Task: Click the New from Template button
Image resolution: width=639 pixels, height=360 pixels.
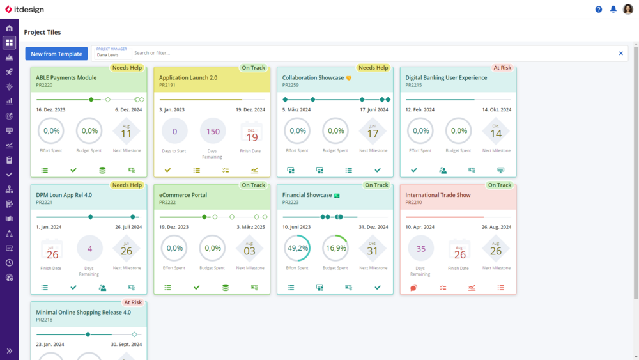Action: pyautogui.click(x=56, y=54)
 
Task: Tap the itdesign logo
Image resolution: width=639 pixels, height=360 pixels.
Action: pyautogui.click(x=25, y=10)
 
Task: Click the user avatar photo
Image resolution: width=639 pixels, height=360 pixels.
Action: pyautogui.click(x=627, y=10)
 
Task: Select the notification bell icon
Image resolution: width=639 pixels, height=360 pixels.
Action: pyautogui.click(x=613, y=10)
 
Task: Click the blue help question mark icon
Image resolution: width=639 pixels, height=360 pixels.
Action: pyautogui.click(x=599, y=10)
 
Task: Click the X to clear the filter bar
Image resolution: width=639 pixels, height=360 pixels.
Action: pyautogui.click(x=620, y=54)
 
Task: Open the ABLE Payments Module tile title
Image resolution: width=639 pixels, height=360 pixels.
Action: pyautogui.click(x=66, y=78)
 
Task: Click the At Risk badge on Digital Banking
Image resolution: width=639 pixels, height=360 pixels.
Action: pyautogui.click(x=502, y=68)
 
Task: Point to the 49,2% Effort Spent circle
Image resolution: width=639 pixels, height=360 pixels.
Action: pyautogui.click(x=298, y=248)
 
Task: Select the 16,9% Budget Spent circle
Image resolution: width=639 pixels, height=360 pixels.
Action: pyautogui.click(x=335, y=248)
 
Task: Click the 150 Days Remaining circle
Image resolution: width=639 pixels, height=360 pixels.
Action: pyautogui.click(x=213, y=131)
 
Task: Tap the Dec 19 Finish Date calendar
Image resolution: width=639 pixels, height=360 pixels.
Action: pyautogui.click(x=252, y=132)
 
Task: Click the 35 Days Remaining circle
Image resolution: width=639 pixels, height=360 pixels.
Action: pyautogui.click(x=420, y=249)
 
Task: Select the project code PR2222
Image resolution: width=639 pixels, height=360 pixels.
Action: pyautogui.click(x=167, y=202)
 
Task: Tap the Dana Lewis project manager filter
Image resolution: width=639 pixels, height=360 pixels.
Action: pyautogui.click(x=112, y=54)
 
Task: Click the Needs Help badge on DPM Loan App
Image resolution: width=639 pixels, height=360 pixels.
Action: pyautogui.click(x=127, y=185)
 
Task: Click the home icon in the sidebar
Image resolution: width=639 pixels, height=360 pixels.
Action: pyautogui.click(x=9, y=28)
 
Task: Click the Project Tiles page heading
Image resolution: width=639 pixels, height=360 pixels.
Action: pyautogui.click(x=42, y=32)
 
